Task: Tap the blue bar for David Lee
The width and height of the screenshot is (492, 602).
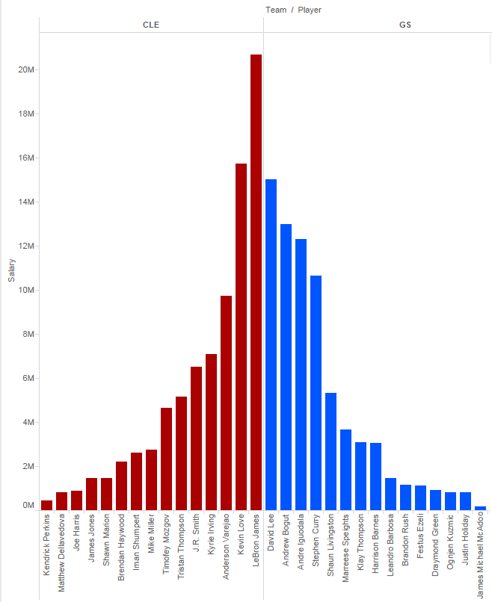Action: coord(271,344)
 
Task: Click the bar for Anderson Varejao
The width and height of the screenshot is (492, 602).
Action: coord(226,403)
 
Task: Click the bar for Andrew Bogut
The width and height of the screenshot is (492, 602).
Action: coord(286,367)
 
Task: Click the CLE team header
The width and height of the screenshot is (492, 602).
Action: coord(151,25)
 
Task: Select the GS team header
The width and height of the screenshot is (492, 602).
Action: coord(405,25)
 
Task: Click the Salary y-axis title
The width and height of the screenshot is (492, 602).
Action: coord(11,270)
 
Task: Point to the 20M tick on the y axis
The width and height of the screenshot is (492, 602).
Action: coord(26,69)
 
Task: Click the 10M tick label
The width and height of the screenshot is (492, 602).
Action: coord(26,290)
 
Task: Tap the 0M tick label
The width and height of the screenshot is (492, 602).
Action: coord(28,506)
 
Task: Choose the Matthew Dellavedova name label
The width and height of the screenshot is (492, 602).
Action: coord(62,553)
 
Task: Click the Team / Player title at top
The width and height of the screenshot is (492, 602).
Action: coord(293,10)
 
